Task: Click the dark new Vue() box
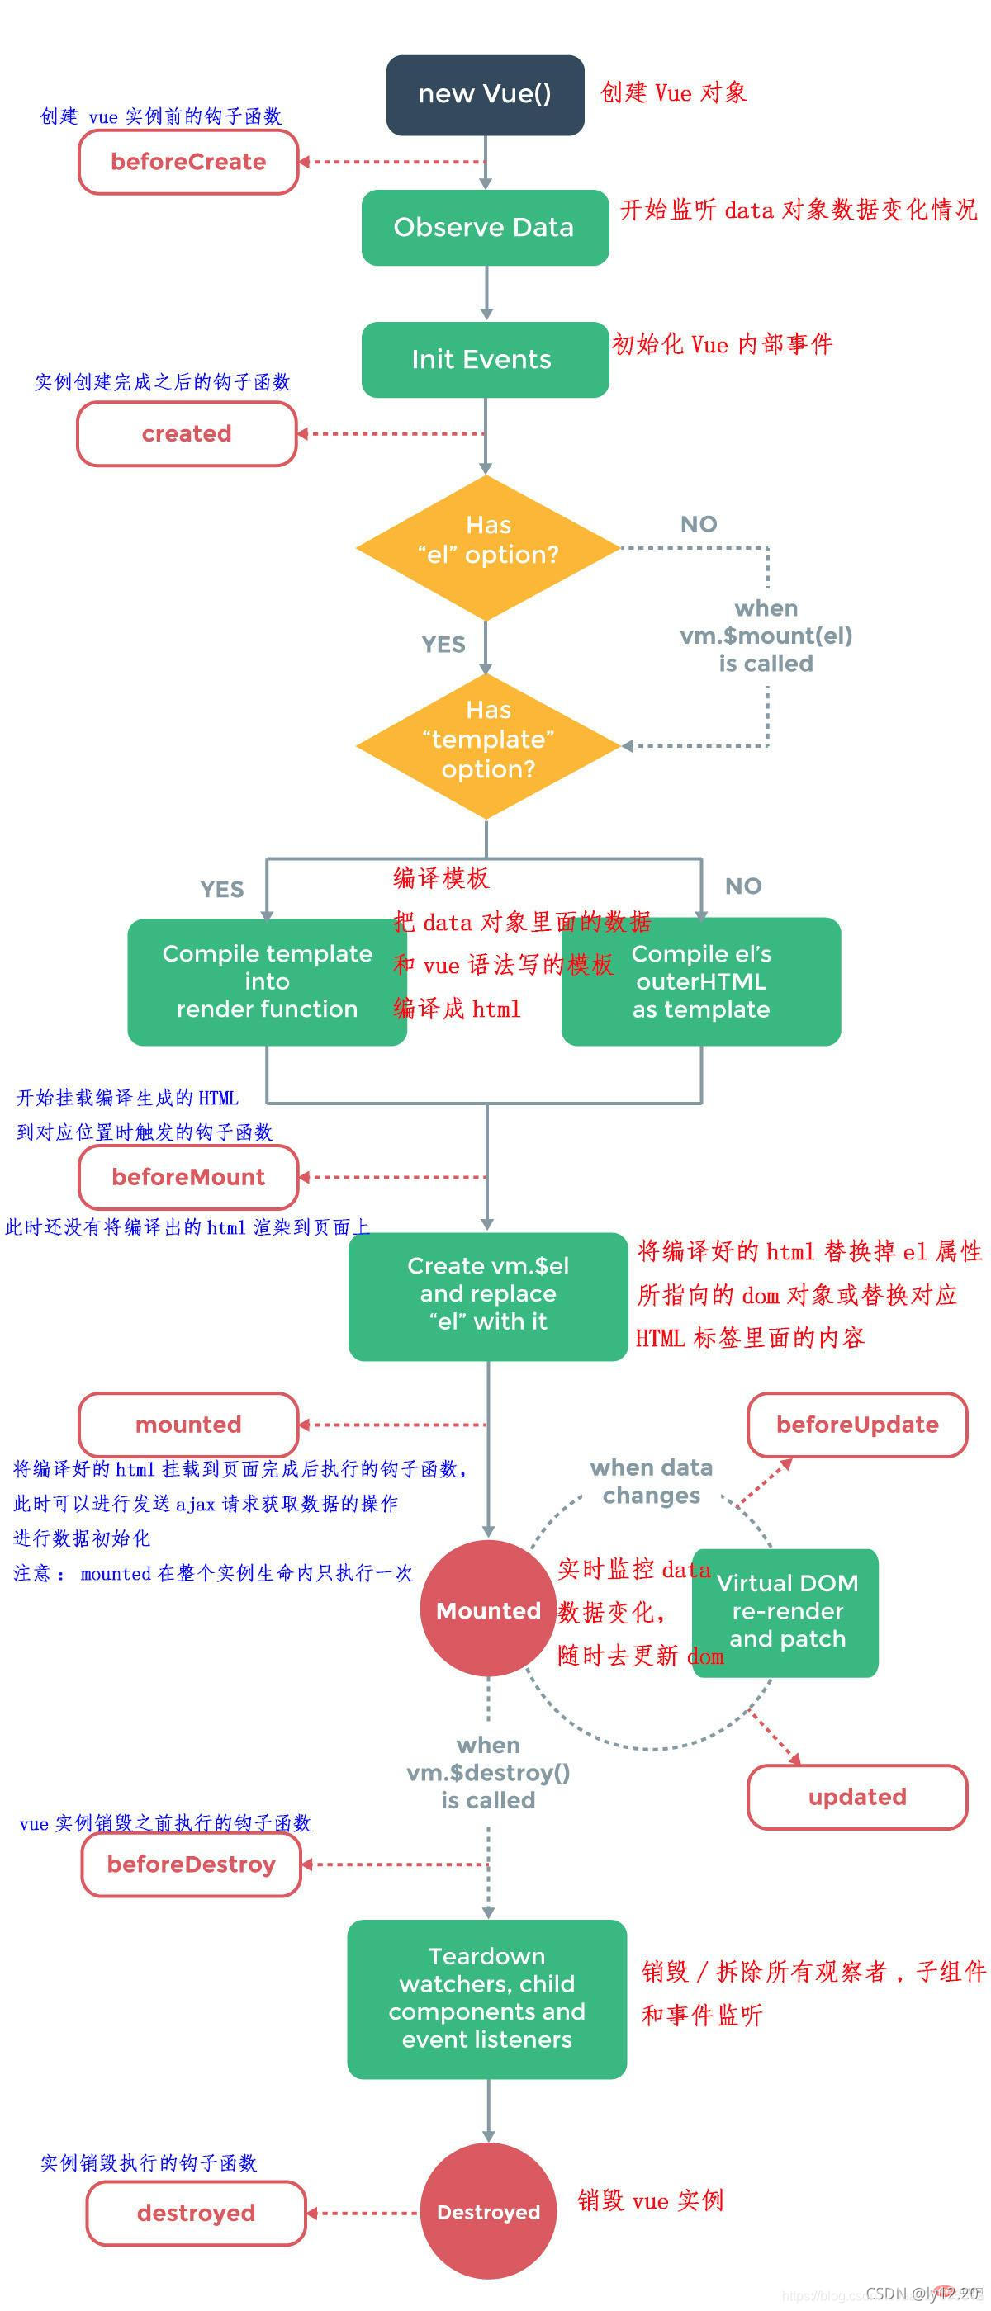(485, 94)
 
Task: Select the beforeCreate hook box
(188, 162)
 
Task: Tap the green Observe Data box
(485, 227)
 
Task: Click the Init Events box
(485, 359)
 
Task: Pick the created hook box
(187, 433)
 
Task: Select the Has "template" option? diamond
(487, 744)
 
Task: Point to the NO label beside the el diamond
(699, 524)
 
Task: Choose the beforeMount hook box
(188, 1176)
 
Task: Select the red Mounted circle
(487, 1610)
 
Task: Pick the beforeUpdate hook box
(857, 1425)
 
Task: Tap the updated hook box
(857, 1797)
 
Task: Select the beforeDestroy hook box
(192, 1864)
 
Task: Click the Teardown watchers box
(486, 1998)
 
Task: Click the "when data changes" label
(651, 1482)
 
